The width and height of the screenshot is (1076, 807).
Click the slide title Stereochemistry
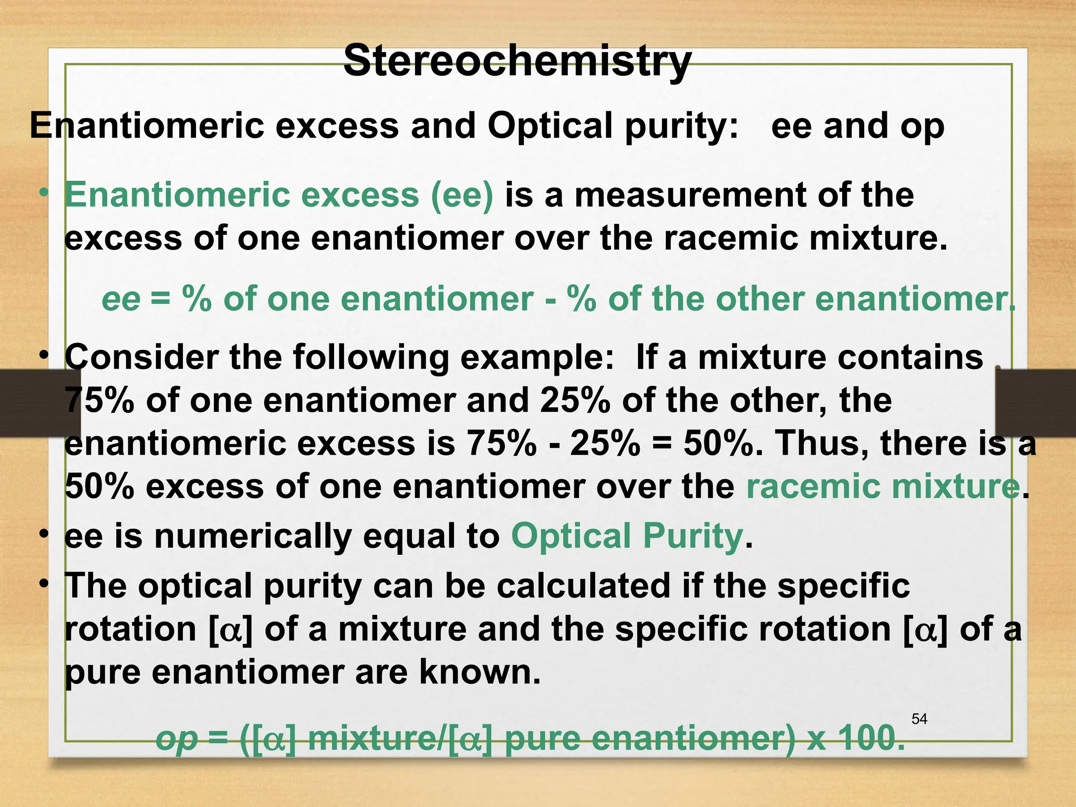(517, 61)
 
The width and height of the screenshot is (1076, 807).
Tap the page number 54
(919, 719)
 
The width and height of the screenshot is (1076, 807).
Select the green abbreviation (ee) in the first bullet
(462, 195)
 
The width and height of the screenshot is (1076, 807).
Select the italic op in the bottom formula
(177, 738)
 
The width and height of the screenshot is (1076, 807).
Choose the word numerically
(252, 536)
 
